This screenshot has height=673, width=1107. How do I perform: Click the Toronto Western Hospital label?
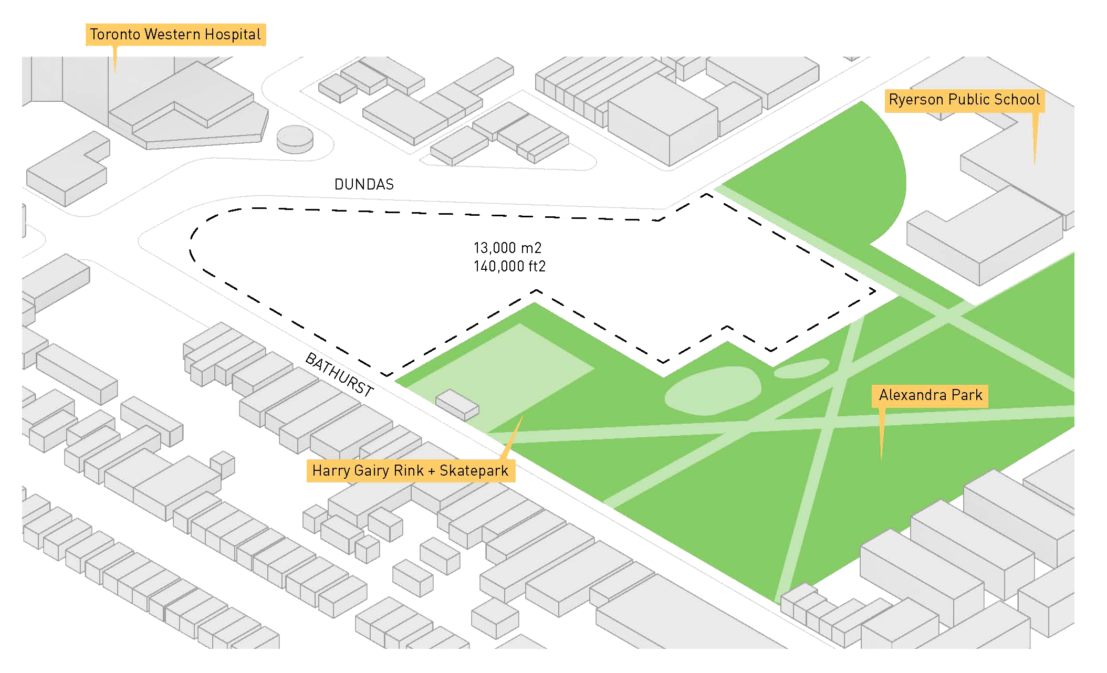pyautogui.click(x=175, y=35)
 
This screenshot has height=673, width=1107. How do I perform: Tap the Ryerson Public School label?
pyautogui.click(x=964, y=100)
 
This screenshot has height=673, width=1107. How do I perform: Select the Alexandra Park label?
pyautogui.click(x=930, y=395)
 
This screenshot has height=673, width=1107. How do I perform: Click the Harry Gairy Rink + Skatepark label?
pyautogui.click(x=410, y=470)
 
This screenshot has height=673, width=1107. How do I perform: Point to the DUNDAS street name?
pyautogui.click(x=364, y=184)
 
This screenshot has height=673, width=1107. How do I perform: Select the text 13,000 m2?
pyautogui.click(x=507, y=248)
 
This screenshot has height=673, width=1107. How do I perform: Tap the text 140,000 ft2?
pyautogui.click(x=509, y=267)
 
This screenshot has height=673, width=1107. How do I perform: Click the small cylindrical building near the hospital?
pyautogui.click(x=295, y=139)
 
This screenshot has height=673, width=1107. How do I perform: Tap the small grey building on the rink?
pyautogui.click(x=457, y=405)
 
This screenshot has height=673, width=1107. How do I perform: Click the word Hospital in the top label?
pyautogui.click(x=233, y=35)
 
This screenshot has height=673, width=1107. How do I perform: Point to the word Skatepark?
pyautogui.click(x=474, y=470)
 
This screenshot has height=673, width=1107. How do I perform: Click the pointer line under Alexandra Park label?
pyautogui.click(x=882, y=433)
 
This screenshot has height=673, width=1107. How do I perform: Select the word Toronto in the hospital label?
pyautogui.click(x=115, y=35)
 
